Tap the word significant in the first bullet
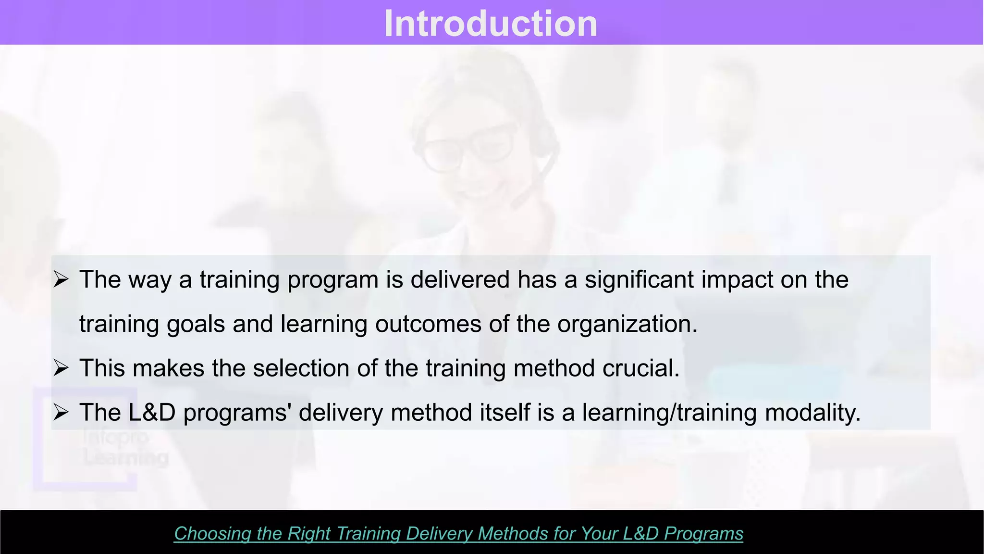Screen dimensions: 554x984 click(639, 280)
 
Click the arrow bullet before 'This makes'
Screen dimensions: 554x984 click(61, 368)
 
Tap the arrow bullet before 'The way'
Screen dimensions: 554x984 click(61, 279)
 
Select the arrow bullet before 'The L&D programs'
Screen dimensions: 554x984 click(61, 412)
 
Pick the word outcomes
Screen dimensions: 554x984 click(428, 324)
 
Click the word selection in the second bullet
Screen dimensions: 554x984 click(301, 368)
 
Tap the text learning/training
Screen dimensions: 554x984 click(669, 413)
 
